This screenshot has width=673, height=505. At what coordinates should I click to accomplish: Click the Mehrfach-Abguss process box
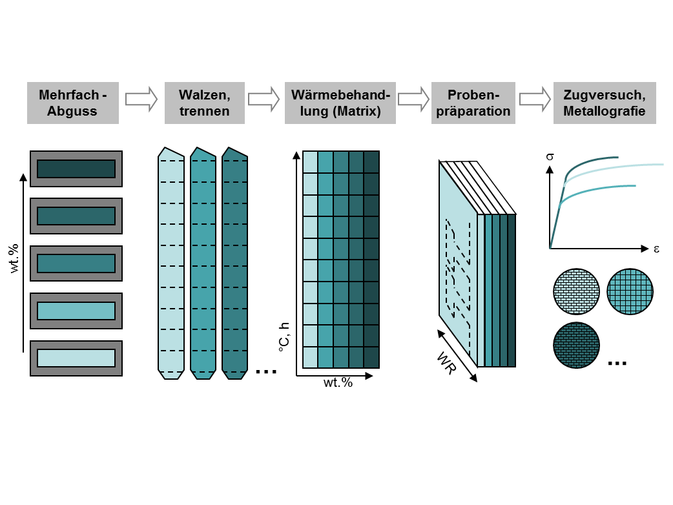tap(72, 103)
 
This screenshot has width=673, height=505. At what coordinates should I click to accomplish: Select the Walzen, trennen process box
tap(205, 103)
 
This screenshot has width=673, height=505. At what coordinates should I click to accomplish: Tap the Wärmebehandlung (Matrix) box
tap(340, 103)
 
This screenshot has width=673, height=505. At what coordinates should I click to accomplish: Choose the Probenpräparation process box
tap(473, 103)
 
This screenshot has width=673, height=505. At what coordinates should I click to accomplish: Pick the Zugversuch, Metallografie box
tap(604, 103)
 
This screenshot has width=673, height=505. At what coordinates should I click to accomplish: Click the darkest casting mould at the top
tap(76, 169)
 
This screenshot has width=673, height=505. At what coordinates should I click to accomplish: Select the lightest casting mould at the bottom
tap(76, 358)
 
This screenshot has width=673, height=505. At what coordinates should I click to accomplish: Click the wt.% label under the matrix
tap(338, 383)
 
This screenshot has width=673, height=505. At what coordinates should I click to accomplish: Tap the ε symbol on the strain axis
tap(656, 249)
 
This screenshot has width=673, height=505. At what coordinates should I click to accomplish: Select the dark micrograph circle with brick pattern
tap(576, 345)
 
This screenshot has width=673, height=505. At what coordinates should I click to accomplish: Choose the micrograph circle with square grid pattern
tap(630, 291)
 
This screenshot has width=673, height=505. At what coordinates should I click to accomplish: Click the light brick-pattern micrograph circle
tap(576, 291)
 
